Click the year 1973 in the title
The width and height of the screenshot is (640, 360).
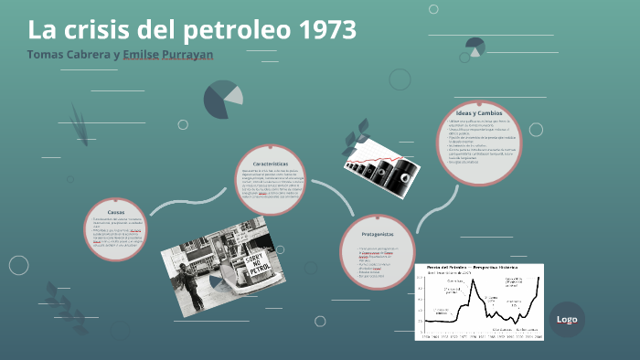[326, 29]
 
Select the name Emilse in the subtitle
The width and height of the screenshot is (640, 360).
[150, 55]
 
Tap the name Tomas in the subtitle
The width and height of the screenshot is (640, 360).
[47, 55]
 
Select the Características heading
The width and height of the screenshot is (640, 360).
[271, 162]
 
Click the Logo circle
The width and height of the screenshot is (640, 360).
[567, 319]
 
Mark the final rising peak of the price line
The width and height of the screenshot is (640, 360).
[539, 279]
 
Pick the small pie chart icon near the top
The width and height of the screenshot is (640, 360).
[475, 47]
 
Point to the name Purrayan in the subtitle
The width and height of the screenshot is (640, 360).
[203, 55]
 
